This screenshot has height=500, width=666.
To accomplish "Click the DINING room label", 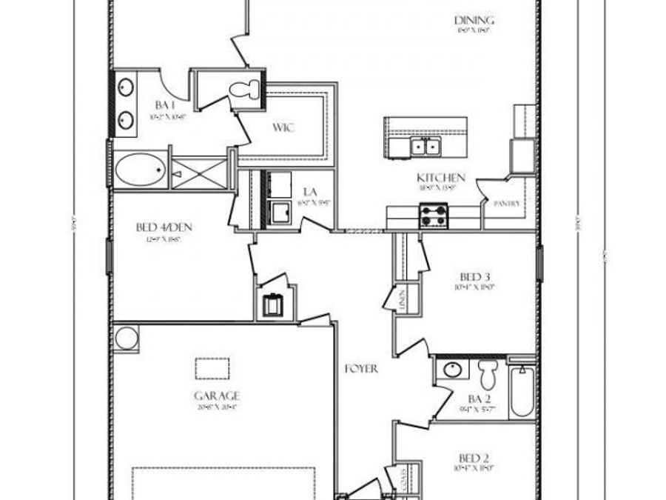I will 474,21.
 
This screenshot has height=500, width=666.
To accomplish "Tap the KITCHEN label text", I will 441,178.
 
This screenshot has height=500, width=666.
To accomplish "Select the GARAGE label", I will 217,396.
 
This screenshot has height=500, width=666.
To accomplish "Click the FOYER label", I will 362,368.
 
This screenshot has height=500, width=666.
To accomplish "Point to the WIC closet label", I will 283,127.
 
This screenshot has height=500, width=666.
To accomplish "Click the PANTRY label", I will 507,203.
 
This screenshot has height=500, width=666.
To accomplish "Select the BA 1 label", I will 164,104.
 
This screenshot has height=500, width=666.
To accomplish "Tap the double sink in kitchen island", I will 425,147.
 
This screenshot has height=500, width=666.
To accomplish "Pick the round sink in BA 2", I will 451,370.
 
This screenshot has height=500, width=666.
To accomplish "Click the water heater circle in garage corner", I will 127,338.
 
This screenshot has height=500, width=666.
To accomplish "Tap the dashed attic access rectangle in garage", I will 212,367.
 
